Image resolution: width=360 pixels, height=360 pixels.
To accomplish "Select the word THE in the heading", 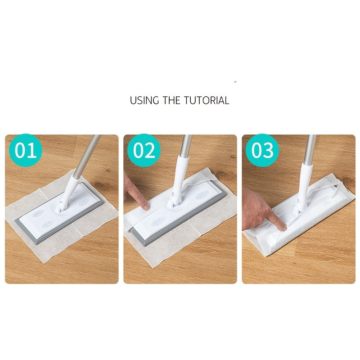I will point(171,100).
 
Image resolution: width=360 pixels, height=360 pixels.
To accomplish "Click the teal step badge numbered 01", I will point(26,151).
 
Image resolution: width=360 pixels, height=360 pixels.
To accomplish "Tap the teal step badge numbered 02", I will point(144,151).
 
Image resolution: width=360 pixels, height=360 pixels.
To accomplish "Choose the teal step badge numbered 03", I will point(262,151).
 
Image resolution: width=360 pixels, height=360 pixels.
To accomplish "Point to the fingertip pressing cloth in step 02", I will point(144,206).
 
